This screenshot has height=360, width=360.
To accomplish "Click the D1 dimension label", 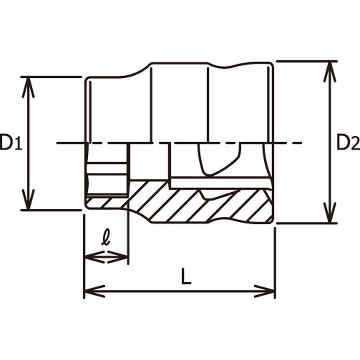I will coord(10,143).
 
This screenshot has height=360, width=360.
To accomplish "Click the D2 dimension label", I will coord(348,143).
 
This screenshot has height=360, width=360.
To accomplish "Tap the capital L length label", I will coord(186,277).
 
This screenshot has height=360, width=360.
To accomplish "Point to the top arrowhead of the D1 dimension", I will coord(28,85).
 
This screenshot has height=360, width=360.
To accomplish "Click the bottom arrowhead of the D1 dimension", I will coord(28,201).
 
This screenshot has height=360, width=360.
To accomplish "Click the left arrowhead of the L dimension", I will coord(92,291).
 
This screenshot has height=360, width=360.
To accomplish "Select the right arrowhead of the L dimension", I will coord(266,291).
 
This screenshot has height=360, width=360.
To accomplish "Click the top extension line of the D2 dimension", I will coord(306,61).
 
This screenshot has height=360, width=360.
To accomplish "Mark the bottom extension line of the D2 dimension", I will coord(306,223).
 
